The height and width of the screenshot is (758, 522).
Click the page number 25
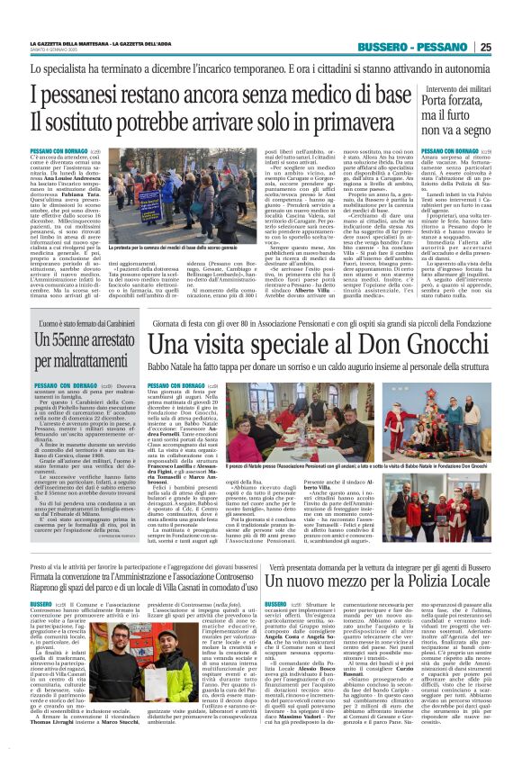[x=510, y=48]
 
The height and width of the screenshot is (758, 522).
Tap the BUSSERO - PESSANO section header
[x=411, y=48]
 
